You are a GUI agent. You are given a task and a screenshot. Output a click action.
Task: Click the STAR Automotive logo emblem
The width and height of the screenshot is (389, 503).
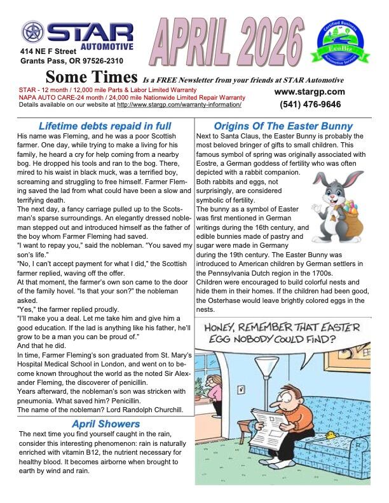coord(34,32)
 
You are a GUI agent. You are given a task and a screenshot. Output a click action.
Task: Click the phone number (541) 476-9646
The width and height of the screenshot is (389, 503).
coord(308,105)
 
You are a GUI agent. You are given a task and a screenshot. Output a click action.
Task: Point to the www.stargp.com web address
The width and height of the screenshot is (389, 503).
coord(310,91)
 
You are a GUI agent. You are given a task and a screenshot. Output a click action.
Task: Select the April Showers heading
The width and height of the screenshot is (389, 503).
coord(106,424)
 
